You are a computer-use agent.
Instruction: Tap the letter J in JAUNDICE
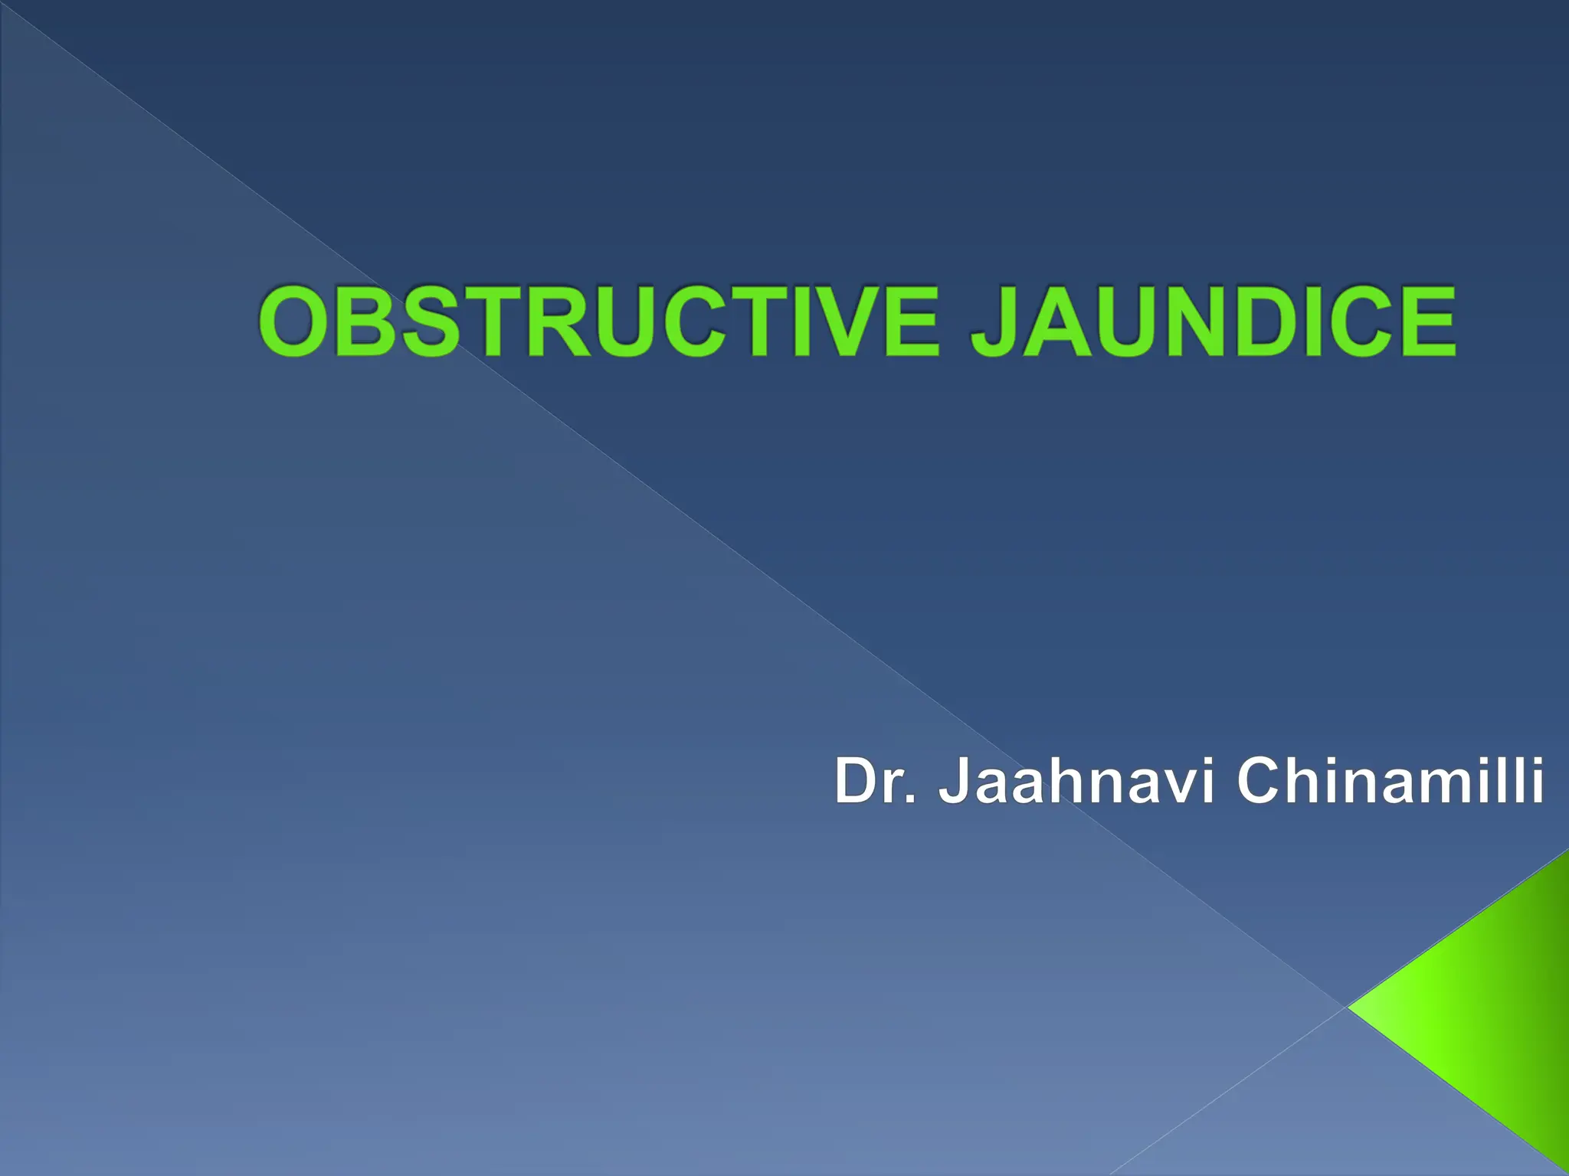click(996, 322)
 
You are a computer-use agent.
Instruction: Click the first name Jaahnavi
click(1076, 780)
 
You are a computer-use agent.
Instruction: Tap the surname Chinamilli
click(1390, 780)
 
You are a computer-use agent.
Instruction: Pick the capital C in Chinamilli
click(1260, 780)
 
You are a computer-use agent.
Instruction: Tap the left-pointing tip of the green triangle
click(1352, 1008)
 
